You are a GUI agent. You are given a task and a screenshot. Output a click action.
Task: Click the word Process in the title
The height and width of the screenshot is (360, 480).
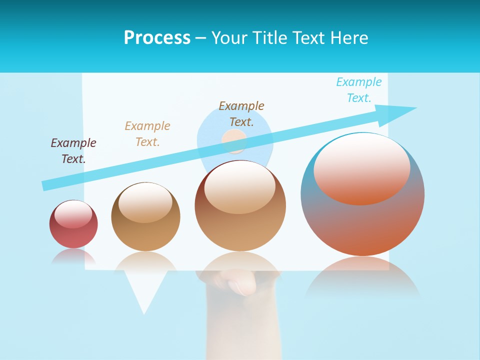pyautogui.click(x=157, y=38)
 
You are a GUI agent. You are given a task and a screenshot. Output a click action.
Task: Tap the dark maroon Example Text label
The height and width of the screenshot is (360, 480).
pyautogui.click(x=73, y=151)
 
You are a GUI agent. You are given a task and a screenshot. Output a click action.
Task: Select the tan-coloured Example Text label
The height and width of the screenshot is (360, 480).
pyautogui.click(x=147, y=134)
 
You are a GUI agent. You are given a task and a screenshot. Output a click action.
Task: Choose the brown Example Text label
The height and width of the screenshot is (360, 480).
pyautogui.click(x=241, y=113)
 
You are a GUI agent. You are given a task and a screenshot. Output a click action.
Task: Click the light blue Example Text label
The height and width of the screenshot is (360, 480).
pyautogui.click(x=359, y=90)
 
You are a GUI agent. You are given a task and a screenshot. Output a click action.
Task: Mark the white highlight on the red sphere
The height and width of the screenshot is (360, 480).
pyautogui.click(x=73, y=213)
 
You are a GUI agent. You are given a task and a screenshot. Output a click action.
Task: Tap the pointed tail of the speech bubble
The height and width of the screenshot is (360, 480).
pyautogui.click(x=144, y=300)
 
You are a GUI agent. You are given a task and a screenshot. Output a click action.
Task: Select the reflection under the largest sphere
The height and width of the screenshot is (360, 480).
pyautogui.click(x=362, y=277)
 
